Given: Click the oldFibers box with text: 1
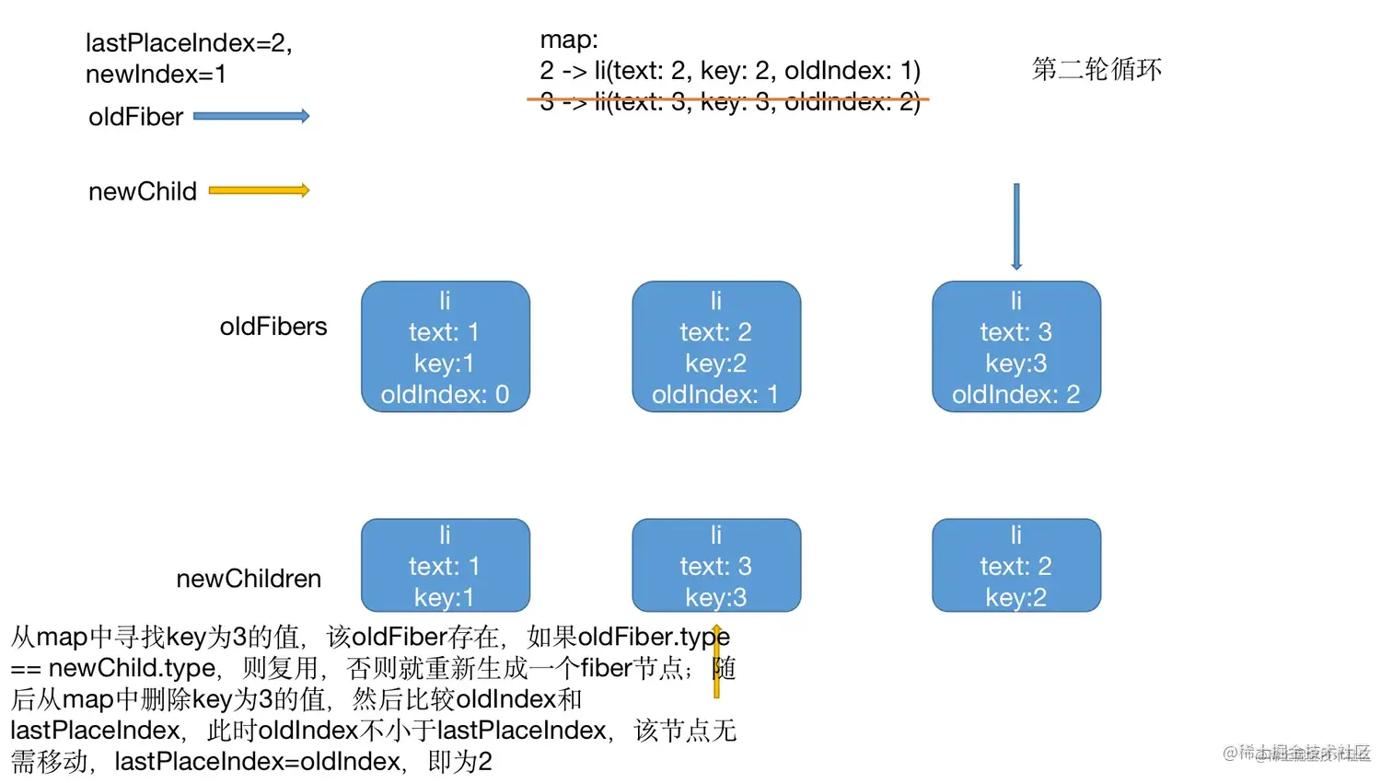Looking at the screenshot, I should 445,347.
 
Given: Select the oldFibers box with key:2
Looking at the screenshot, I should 715,347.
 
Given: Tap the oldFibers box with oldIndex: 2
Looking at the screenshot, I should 1015,347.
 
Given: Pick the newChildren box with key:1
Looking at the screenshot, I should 445,565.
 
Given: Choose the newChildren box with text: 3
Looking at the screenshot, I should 715,565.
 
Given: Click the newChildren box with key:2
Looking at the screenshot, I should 1015,565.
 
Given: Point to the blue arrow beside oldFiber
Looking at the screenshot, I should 251,116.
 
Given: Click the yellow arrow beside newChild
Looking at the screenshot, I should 259,190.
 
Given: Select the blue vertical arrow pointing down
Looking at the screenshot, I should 1016,226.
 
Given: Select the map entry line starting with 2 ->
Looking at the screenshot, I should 729,70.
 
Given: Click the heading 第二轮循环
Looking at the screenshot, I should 1096,69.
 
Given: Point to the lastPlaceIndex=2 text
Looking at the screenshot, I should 189,42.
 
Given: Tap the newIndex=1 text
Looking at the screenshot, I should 156,74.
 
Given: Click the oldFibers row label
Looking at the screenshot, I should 273,327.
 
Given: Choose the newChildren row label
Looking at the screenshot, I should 249,579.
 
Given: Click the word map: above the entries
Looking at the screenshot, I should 569,40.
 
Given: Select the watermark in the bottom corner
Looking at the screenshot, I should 1296,753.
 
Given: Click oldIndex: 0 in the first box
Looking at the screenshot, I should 445,394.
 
